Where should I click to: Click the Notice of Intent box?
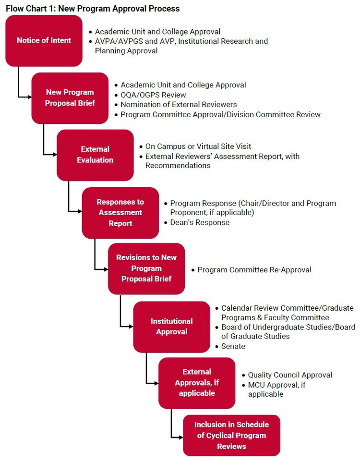[44, 41]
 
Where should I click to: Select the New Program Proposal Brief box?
[70, 97]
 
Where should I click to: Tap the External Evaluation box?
[95, 155]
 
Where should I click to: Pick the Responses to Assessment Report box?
[120, 212]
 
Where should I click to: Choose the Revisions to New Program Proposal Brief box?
[146, 268]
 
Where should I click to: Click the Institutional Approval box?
[171, 326]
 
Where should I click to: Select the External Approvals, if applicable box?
[197, 382]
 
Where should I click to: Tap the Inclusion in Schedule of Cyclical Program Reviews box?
[231, 435]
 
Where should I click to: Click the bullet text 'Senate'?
[233, 346]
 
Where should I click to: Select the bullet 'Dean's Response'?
[200, 222]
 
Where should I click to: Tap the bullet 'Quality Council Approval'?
[290, 375]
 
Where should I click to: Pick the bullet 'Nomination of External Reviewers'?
[179, 104]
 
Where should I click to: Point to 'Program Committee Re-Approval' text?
[254, 270]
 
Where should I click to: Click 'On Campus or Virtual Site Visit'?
[198, 146]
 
